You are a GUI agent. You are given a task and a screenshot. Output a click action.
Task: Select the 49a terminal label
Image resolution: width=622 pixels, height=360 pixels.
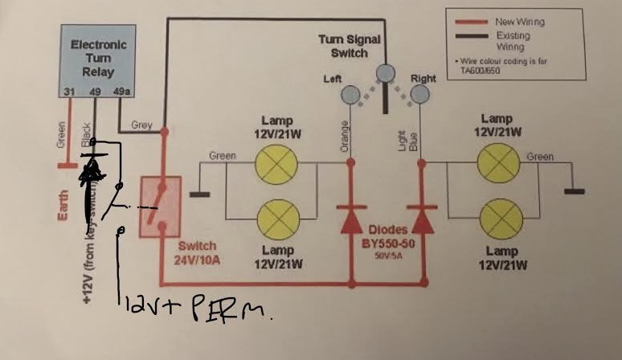point(124,92)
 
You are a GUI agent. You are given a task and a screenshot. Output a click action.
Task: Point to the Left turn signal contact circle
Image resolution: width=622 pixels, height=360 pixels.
point(350,96)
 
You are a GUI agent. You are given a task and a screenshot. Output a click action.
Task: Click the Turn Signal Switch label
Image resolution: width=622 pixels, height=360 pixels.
point(350,46)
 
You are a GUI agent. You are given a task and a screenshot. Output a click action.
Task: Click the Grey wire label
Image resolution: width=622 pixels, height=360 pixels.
point(142,125)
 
